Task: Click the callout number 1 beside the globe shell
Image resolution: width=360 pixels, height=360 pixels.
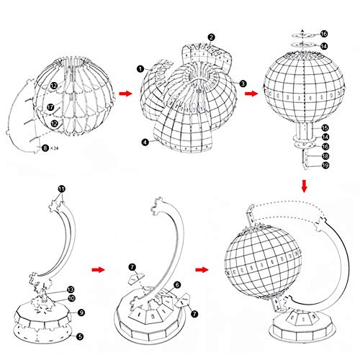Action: [x=138, y=68]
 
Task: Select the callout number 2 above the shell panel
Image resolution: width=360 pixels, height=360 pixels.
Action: [x=211, y=36]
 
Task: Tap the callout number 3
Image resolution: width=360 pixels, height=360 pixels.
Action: [x=244, y=84]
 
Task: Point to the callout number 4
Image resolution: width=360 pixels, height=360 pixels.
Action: [x=146, y=142]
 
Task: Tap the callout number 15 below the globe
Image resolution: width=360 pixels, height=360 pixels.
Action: [x=324, y=127]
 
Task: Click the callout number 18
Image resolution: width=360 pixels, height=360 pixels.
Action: [x=324, y=156]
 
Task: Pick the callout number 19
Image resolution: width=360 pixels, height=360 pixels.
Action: [x=324, y=165]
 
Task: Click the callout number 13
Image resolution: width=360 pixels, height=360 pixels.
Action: [x=71, y=288]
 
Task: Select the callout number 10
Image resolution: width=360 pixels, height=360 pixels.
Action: [x=71, y=297]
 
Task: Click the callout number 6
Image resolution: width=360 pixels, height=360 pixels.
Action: [x=177, y=285]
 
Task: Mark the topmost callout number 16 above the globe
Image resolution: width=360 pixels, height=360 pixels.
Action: [x=324, y=34]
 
